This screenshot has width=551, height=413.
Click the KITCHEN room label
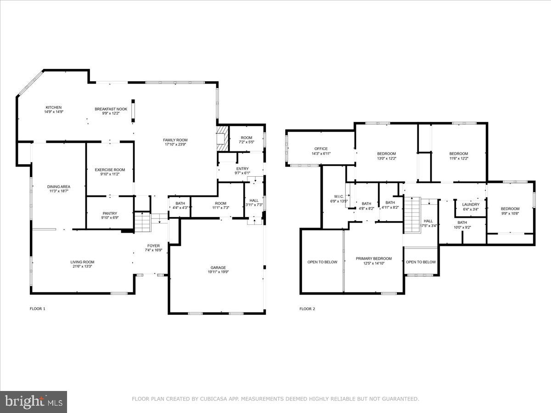(53, 107)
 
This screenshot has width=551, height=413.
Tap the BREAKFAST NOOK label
(111, 109)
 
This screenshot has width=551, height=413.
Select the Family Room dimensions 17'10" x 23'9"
(175, 145)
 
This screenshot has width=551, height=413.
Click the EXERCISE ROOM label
(110, 170)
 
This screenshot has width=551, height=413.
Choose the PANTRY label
(110, 213)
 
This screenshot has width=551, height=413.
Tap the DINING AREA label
(58, 187)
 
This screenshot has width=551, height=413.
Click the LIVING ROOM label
(83, 262)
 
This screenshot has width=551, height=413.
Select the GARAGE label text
(218, 268)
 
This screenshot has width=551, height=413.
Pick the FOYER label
(153, 246)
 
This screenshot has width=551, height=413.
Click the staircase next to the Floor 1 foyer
(142, 223)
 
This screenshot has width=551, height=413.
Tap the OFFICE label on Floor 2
(320, 149)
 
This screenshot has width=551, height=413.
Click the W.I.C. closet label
(338, 196)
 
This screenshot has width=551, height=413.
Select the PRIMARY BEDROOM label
(374, 259)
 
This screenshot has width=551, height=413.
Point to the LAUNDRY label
(471, 205)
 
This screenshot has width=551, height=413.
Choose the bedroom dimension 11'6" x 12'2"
(458, 158)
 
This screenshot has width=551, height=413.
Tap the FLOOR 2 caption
(307, 309)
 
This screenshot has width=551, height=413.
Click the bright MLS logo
(33, 402)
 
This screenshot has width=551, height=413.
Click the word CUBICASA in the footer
(214, 399)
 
